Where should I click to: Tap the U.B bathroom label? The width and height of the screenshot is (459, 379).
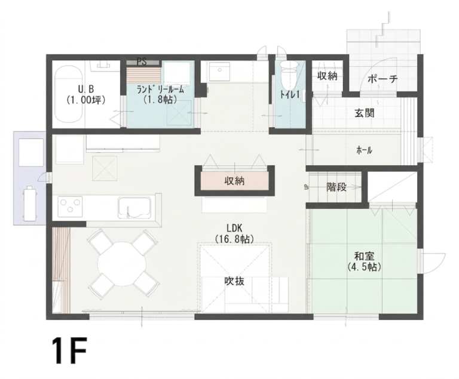point(86,88)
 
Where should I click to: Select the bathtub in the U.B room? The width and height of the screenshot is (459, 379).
point(69,94)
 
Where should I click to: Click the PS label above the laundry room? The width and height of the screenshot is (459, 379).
point(142,62)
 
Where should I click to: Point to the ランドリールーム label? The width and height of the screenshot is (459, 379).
point(160,90)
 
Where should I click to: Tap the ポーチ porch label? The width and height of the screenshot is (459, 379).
point(382,79)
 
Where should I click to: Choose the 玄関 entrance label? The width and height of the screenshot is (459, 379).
point(365,113)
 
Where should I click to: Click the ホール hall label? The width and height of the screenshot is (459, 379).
point(364,150)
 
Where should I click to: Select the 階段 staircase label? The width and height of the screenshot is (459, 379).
point(336,187)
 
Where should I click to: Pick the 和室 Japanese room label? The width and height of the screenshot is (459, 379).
point(364,257)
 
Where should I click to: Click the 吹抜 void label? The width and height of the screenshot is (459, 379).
point(234,281)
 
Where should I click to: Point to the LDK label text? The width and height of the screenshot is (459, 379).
point(234,228)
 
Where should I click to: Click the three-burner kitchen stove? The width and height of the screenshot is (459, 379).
point(71,207)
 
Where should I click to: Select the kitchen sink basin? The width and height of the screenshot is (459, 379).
point(134,208)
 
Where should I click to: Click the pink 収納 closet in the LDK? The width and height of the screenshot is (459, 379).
point(234,181)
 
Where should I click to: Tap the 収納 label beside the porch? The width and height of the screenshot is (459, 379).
point(328,76)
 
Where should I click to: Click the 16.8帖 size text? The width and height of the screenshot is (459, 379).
point(234,239)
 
